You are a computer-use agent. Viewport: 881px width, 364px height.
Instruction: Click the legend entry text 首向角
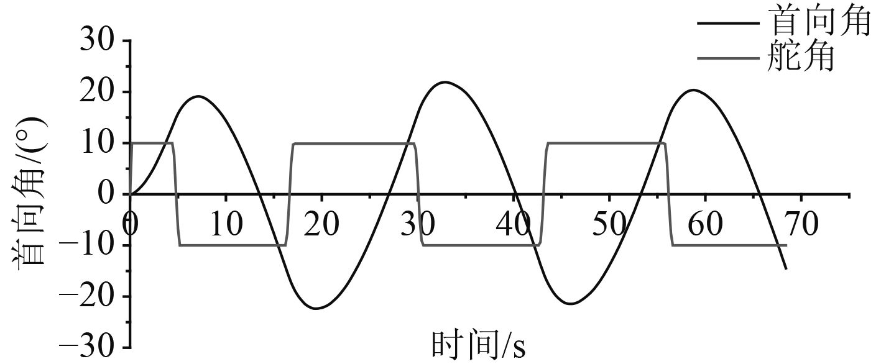pyautogui.click(x=819, y=24)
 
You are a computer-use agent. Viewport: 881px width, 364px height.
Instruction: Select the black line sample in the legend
pyautogui.click(x=728, y=24)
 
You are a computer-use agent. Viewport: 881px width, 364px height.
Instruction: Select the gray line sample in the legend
pyautogui.click(x=728, y=58)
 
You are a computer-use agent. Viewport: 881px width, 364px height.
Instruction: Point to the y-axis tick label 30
pyautogui.click(x=97, y=41)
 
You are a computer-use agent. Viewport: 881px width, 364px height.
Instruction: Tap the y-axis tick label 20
pyautogui.click(x=97, y=92)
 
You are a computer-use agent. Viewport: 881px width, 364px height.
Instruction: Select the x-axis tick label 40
pyautogui.click(x=513, y=224)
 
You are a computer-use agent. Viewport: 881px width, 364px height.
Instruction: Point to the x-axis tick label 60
pyautogui.click(x=705, y=224)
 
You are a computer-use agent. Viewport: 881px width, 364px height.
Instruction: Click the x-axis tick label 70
pyautogui.click(x=801, y=224)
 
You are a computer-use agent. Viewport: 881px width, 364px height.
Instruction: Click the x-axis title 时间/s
pyautogui.click(x=479, y=346)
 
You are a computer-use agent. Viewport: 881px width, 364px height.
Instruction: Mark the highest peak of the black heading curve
pyautogui.click(x=445, y=82)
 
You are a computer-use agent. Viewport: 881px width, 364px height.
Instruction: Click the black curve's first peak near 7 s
pyautogui.click(x=198, y=96)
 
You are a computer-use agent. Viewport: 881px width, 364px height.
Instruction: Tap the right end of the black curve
pyautogui.click(x=786, y=269)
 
